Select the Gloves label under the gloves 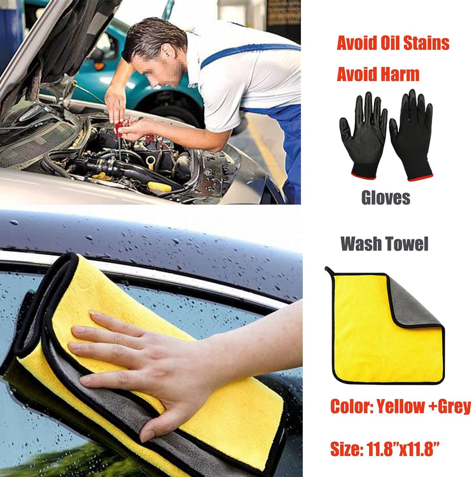385,198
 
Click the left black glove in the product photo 363,135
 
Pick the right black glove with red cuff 412,135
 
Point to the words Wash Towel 384,244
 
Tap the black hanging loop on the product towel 329,271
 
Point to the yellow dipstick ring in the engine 150,161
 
